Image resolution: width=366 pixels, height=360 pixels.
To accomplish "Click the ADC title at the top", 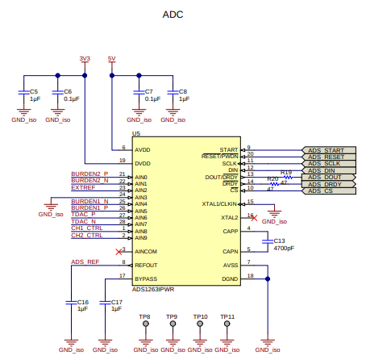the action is tap(173, 15).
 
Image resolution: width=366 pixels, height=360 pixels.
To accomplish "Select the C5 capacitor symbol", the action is tap(23, 92).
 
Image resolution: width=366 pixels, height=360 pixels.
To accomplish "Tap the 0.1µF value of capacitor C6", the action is tap(72, 99).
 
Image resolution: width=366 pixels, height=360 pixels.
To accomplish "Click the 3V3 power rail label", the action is tap(85, 58).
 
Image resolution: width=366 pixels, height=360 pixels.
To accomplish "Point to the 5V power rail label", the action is tap(111, 58).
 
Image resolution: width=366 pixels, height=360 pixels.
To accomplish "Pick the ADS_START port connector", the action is tap(329, 150).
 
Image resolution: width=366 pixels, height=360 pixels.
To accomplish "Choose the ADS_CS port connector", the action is tap(329, 190).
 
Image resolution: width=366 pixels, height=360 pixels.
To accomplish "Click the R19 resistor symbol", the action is tap(289, 178).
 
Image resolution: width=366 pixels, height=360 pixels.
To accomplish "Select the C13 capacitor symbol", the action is tap(268, 241).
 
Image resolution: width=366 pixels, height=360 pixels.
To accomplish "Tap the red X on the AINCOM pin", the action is tap(119, 252).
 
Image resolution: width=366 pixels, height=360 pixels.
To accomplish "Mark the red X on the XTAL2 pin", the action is tap(254, 218).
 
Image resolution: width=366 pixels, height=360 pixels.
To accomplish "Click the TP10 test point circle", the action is tap(200, 324).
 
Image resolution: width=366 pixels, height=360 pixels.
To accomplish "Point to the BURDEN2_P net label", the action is tap(89, 174).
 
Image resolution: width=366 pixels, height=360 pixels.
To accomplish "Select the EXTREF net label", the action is tap(83, 187).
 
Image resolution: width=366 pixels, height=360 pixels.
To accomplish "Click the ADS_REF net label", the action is tap(85, 262).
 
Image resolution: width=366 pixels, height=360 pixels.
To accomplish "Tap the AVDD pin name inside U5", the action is tap(143, 150).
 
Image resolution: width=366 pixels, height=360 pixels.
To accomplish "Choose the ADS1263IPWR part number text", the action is tap(153, 290).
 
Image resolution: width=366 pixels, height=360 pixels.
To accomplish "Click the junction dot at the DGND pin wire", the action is tap(268, 279).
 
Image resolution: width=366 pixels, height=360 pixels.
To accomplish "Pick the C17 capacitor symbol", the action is tap(105, 303).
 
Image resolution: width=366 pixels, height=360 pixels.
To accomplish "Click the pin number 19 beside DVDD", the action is tap(123, 161).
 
